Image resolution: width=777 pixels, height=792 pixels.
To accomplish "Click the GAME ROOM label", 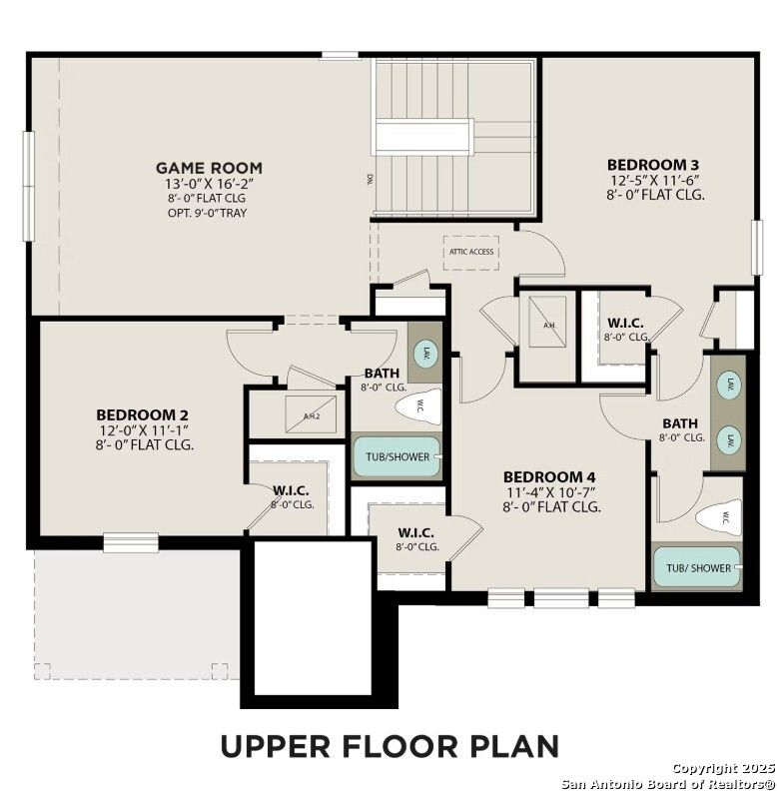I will coord(209,168).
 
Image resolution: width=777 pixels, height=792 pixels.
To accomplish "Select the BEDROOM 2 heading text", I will coord(142,414).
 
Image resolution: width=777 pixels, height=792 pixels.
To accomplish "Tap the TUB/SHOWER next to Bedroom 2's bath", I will coord(396,456).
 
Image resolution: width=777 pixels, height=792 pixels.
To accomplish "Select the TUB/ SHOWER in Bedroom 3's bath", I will coord(697,567).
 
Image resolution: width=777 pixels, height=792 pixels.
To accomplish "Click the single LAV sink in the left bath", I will coord(423,355).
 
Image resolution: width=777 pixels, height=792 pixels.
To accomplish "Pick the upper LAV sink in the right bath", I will coord(730,385).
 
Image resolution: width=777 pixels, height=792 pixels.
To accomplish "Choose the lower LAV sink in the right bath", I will coord(730,438).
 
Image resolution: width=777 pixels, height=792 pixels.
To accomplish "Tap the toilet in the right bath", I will coord(720,516).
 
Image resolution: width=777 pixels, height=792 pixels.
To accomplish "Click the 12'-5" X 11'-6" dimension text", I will coord(655,180).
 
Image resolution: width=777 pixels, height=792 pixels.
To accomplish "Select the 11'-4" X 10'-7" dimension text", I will coord(551,491).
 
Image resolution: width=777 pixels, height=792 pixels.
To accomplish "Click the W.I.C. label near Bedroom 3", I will coord(625,324).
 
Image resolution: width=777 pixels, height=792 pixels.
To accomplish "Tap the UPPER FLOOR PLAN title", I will coord(388,746).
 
